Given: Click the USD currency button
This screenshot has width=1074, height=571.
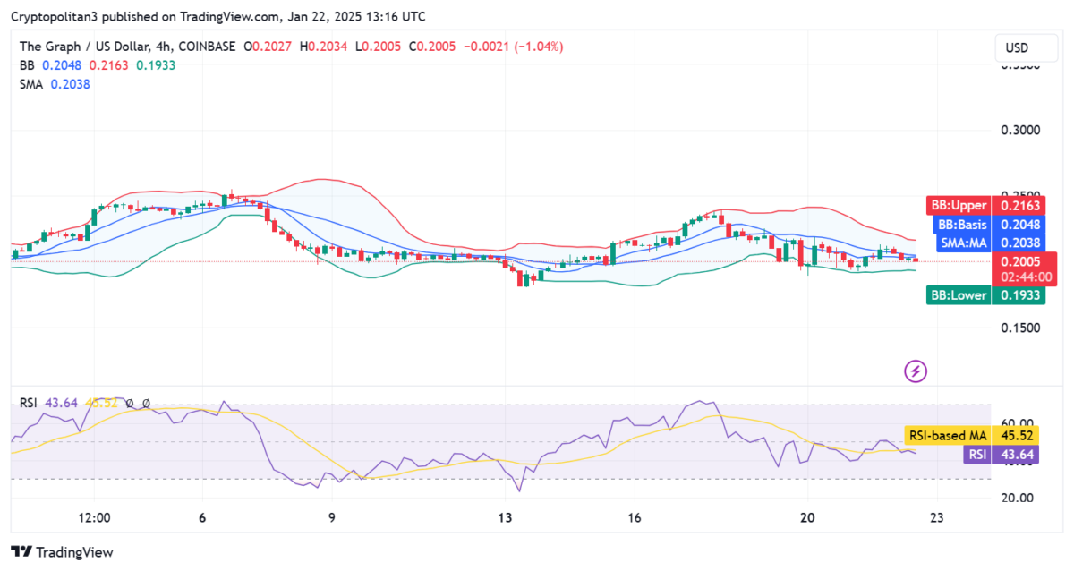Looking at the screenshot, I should tap(1017, 47).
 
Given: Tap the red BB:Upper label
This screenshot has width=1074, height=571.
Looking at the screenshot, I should tap(958, 206).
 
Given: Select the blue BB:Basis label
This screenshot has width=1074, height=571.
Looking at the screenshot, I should tap(960, 225).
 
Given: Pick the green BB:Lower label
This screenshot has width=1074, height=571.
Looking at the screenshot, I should tap(958, 295).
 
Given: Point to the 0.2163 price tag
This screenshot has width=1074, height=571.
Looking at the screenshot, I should tap(1019, 206).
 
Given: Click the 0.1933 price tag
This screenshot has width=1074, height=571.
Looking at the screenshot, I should tap(1019, 295).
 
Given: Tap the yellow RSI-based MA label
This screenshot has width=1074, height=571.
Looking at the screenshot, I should tap(948, 436).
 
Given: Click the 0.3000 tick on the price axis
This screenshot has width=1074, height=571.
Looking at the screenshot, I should tap(1019, 130).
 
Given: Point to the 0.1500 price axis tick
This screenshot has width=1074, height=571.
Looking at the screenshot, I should tap(1019, 328).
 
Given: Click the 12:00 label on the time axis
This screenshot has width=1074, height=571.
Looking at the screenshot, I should tap(94, 518).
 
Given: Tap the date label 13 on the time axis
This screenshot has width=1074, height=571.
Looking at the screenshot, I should tap(505, 518).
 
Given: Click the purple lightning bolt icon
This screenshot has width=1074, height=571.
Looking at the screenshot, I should tap(915, 371).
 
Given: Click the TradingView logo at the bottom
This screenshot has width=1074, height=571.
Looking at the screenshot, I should tap(63, 552).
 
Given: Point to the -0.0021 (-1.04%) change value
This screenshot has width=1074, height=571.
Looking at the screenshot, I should tap(519, 47).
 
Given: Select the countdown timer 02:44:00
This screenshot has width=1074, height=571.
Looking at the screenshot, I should tap(1019, 277).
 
